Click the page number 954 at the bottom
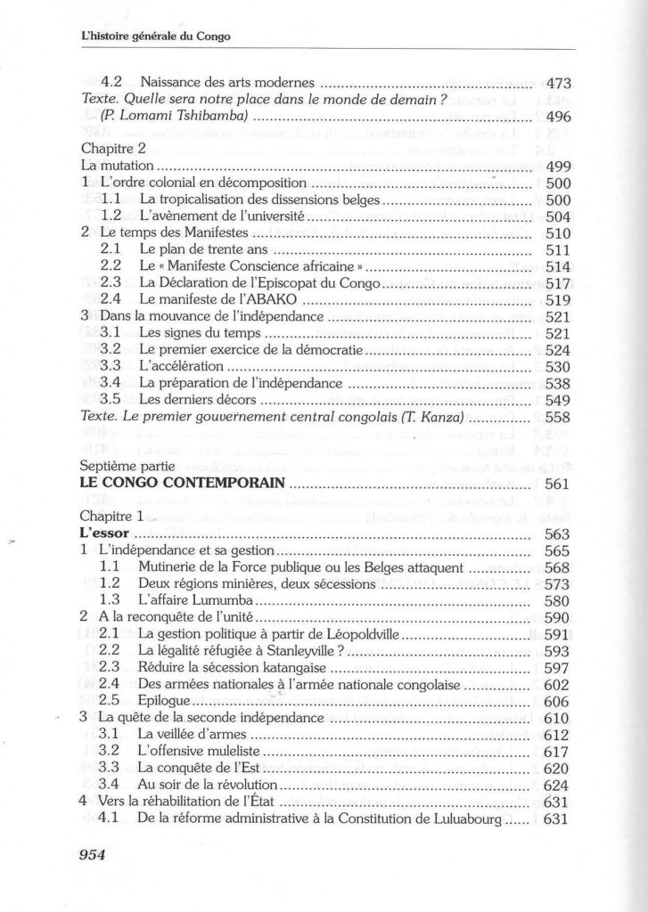click(x=93, y=855)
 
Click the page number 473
click(x=557, y=85)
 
